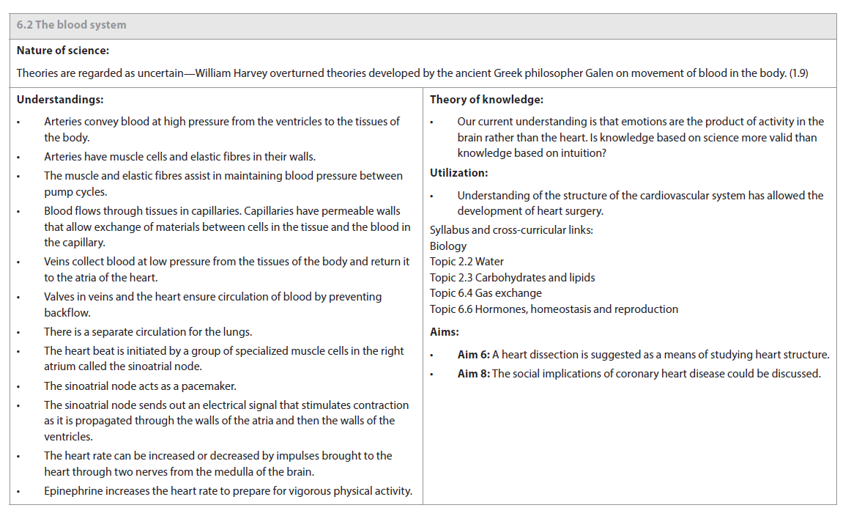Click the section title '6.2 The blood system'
pos(71,25)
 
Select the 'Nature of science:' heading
pos(63,51)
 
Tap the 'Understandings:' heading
pos(60,99)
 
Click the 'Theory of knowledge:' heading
pos(486,99)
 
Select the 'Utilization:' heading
pos(458,173)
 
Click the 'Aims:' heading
pos(445,332)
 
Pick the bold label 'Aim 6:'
pos(473,355)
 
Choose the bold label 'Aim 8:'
pos(473,374)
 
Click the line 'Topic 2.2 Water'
pos(467,262)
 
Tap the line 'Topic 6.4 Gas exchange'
pos(486,293)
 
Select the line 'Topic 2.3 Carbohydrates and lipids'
pos(512,278)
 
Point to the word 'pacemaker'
pos(210,386)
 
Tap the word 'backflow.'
pos(67,313)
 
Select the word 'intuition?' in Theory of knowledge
pos(582,153)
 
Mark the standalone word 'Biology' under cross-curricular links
pos(448,246)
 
